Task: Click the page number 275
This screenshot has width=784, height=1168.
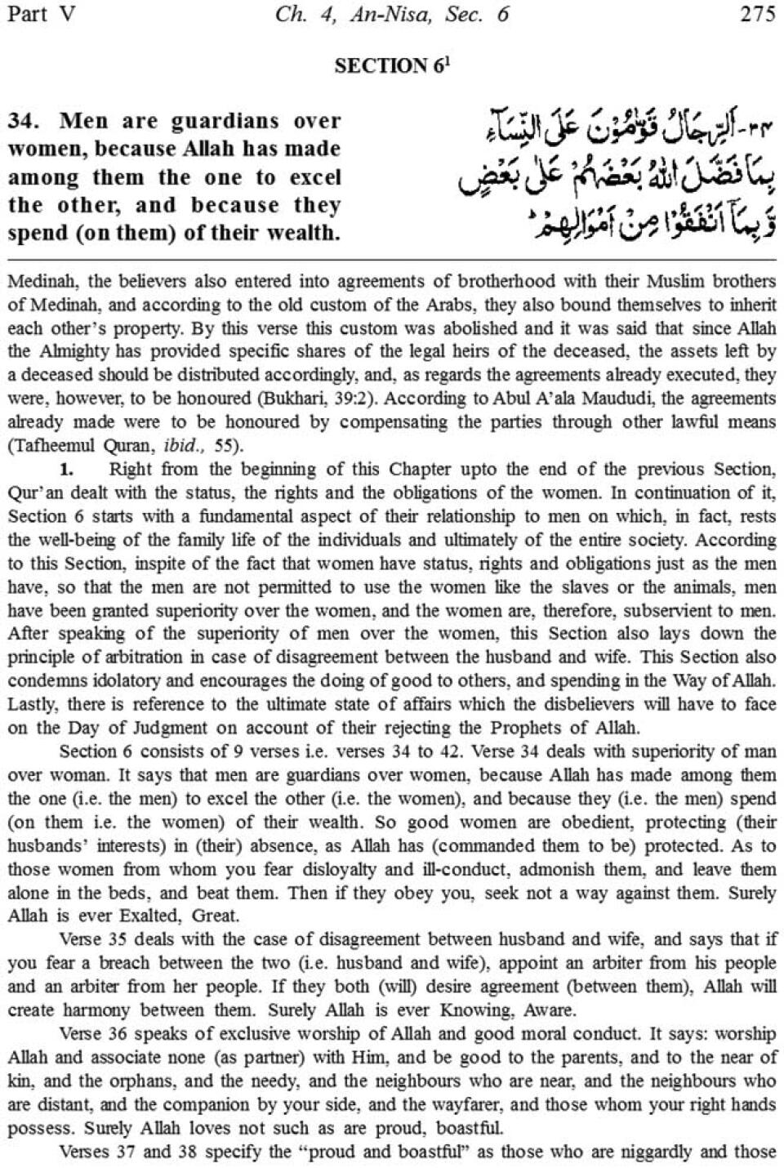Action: (757, 15)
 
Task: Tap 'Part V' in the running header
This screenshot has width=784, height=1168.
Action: (40, 15)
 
